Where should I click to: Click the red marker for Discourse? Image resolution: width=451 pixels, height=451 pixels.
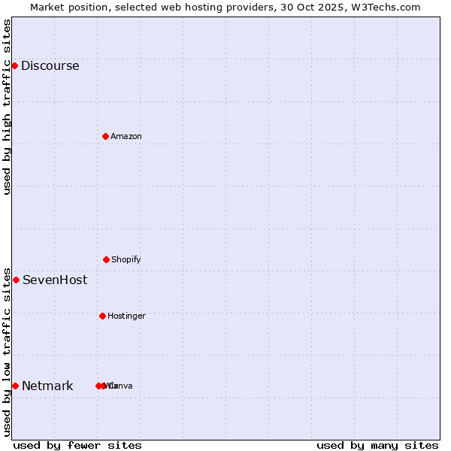(x=14, y=65)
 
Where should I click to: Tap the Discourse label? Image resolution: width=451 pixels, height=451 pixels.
(x=50, y=65)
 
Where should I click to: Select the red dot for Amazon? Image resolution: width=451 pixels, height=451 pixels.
(x=105, y=136)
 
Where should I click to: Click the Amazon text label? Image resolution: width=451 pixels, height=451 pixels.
(x=126, y=136)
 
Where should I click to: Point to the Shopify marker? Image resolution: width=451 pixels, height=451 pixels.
(x=106, y=259)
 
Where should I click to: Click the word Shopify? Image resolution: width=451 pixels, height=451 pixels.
(x=126, y=259)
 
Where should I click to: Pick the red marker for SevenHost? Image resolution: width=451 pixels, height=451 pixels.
(x=16, y=280)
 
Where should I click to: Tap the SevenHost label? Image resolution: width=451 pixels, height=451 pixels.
(x=54, y=280)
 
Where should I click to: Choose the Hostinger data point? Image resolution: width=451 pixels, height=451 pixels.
(x=102, y=316)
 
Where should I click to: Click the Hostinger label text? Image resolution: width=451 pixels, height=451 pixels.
(x=126, y=316)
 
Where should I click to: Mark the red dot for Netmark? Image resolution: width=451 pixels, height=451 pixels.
(x=15, y=386)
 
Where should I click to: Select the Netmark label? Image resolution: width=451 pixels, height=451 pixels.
(x=47, y=386)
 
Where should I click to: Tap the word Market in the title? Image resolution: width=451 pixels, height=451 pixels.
(x=47, y=7)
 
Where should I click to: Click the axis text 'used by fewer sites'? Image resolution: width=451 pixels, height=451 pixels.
(x=77, y=445)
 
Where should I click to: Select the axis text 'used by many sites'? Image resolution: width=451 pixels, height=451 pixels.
(x=377, y=445)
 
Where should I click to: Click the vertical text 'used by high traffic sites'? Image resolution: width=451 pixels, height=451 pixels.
(x=7, y=107)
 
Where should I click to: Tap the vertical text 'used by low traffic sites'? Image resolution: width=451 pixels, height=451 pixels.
(x=7, y=352)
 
